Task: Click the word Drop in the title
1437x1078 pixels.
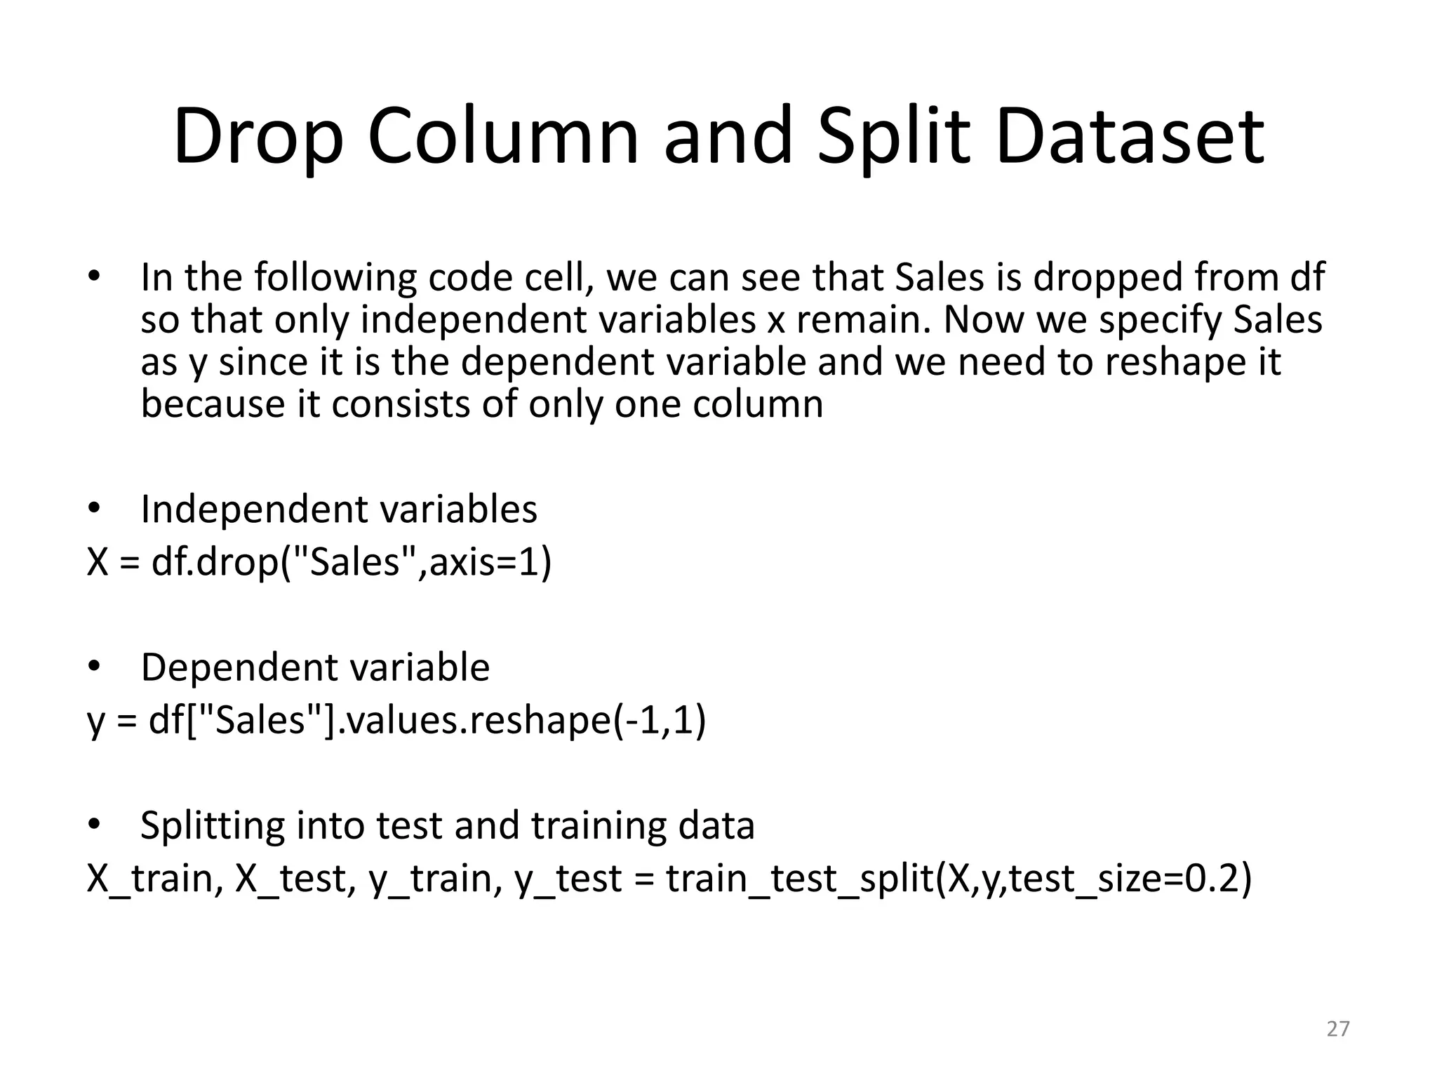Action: coord(258,137)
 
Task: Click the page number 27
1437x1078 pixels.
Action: coord(1338,1029)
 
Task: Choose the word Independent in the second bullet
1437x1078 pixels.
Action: coord(252,510)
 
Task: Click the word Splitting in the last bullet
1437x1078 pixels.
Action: coord(213,826)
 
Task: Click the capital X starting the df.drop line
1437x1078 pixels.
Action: coord(98,562)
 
